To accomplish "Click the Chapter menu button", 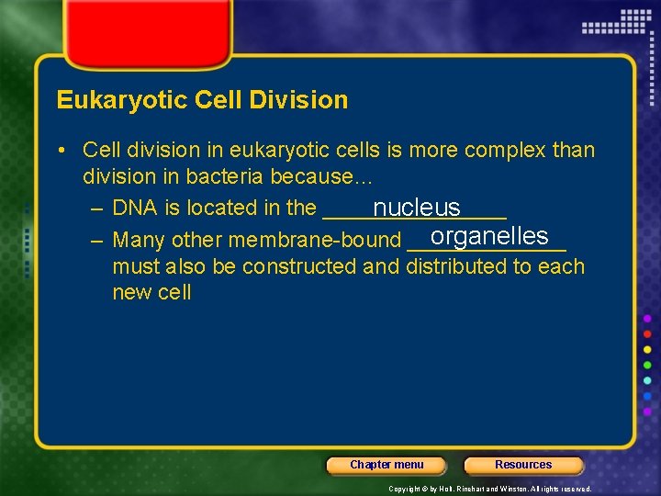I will [x=387, y=465].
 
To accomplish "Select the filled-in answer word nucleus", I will [x=416, y=209].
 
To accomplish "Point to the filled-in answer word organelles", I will [x=488, y=236].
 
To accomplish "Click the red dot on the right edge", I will [x=647, y=333].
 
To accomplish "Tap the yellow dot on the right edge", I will [x=647, y=349].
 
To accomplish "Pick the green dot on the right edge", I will [x=647, y=365].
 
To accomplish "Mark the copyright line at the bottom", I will [x=489, y=489].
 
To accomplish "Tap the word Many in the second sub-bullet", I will [x=139, y=241].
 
